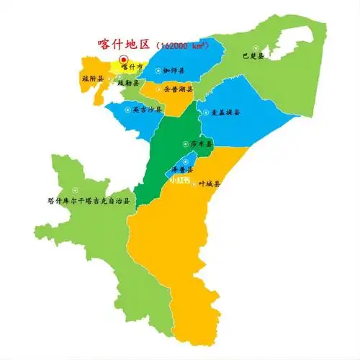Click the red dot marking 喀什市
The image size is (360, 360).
123,60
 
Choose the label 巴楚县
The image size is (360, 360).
253,55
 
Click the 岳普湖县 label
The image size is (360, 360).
176,90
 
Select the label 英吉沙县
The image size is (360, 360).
148,110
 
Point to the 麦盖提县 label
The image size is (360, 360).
225,113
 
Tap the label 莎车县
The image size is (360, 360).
201,145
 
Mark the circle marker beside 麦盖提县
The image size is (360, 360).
207,113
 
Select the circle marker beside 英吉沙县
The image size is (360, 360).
128,110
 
